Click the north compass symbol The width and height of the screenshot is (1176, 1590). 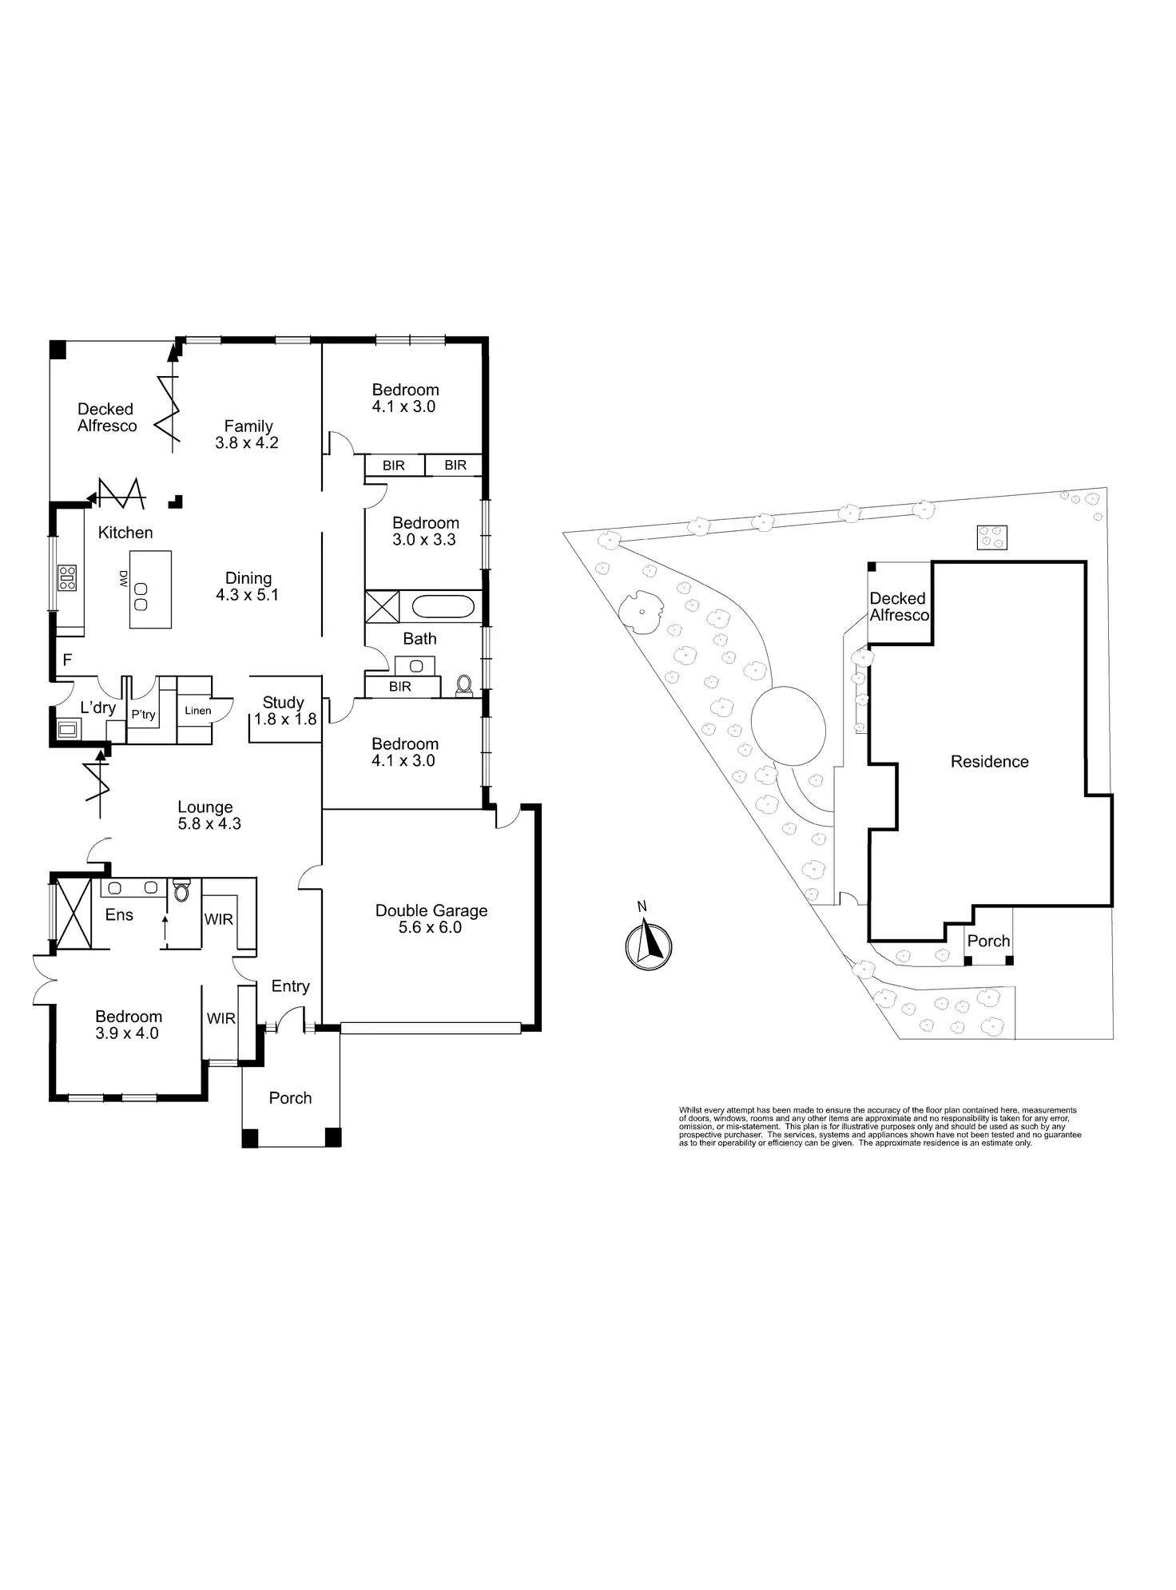pyautogui.click(x=649, y=945)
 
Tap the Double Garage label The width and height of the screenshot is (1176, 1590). pyautogui.click(x=431, y=919)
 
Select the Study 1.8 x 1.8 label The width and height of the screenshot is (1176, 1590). pyautogui.click(x=284, y=711)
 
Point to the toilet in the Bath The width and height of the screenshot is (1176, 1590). pyautogui.click(x=463, y=685)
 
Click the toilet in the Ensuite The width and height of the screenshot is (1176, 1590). pyautogui.click(x=181, y=890)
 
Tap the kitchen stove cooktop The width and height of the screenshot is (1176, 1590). pyautogui.click(x=67, y=577)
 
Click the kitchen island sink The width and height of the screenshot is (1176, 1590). pyautogui.click(x=141, y=596)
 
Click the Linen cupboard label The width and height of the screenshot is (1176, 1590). pyautogui.click(x=198, y=711)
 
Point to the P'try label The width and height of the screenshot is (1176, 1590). pyautogui.click(x=144, y=714)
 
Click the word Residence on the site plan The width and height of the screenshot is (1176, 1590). pyautogui.click(x=989, y=762)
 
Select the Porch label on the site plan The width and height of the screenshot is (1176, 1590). pyautogui.click(x=988, y=942)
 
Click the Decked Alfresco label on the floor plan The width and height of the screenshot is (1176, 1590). pyautogui.click(x=106, y=418)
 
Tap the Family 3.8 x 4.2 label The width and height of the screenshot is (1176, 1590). pyautogui.click(x=248, y=434)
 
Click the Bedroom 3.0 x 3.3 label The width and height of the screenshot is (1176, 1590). pyautogui.click(x=425, y=531)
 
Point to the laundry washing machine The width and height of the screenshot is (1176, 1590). pyautogui.click(x=68, y=728)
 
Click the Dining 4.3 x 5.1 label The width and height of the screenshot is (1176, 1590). pyautogui.click(x=248, y=586)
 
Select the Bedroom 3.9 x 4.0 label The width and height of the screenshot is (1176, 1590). pyautogui.click(x=128, y=1025)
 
